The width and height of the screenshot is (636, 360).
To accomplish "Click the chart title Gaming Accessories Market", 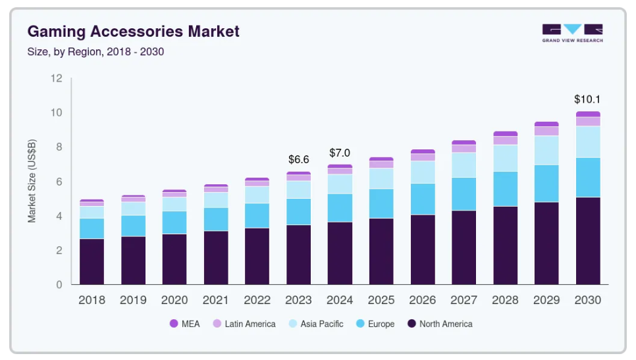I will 133,31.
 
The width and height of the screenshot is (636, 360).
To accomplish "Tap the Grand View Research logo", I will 572,33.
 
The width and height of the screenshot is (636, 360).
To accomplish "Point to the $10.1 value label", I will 587,100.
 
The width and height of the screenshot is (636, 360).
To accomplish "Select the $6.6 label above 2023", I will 298,159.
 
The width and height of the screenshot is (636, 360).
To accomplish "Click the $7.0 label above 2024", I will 340,153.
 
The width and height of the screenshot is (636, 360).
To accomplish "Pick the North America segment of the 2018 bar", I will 92,261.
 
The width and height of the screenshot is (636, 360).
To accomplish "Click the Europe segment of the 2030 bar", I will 587,177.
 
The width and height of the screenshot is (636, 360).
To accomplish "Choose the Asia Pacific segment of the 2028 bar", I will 505,158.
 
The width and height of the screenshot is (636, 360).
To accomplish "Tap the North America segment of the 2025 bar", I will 381,251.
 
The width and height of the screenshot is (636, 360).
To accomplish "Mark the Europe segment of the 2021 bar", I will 215,219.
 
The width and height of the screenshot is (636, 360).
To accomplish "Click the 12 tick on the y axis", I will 57,78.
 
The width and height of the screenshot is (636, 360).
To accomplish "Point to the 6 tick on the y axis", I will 59,182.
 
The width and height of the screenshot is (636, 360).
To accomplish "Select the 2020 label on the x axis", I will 174,300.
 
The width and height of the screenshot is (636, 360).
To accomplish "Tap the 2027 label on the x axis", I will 464,300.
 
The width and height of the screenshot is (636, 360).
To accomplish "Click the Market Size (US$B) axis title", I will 32,181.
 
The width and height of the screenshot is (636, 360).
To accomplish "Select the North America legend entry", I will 439,324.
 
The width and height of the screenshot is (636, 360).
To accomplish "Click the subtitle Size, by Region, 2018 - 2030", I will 95,51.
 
